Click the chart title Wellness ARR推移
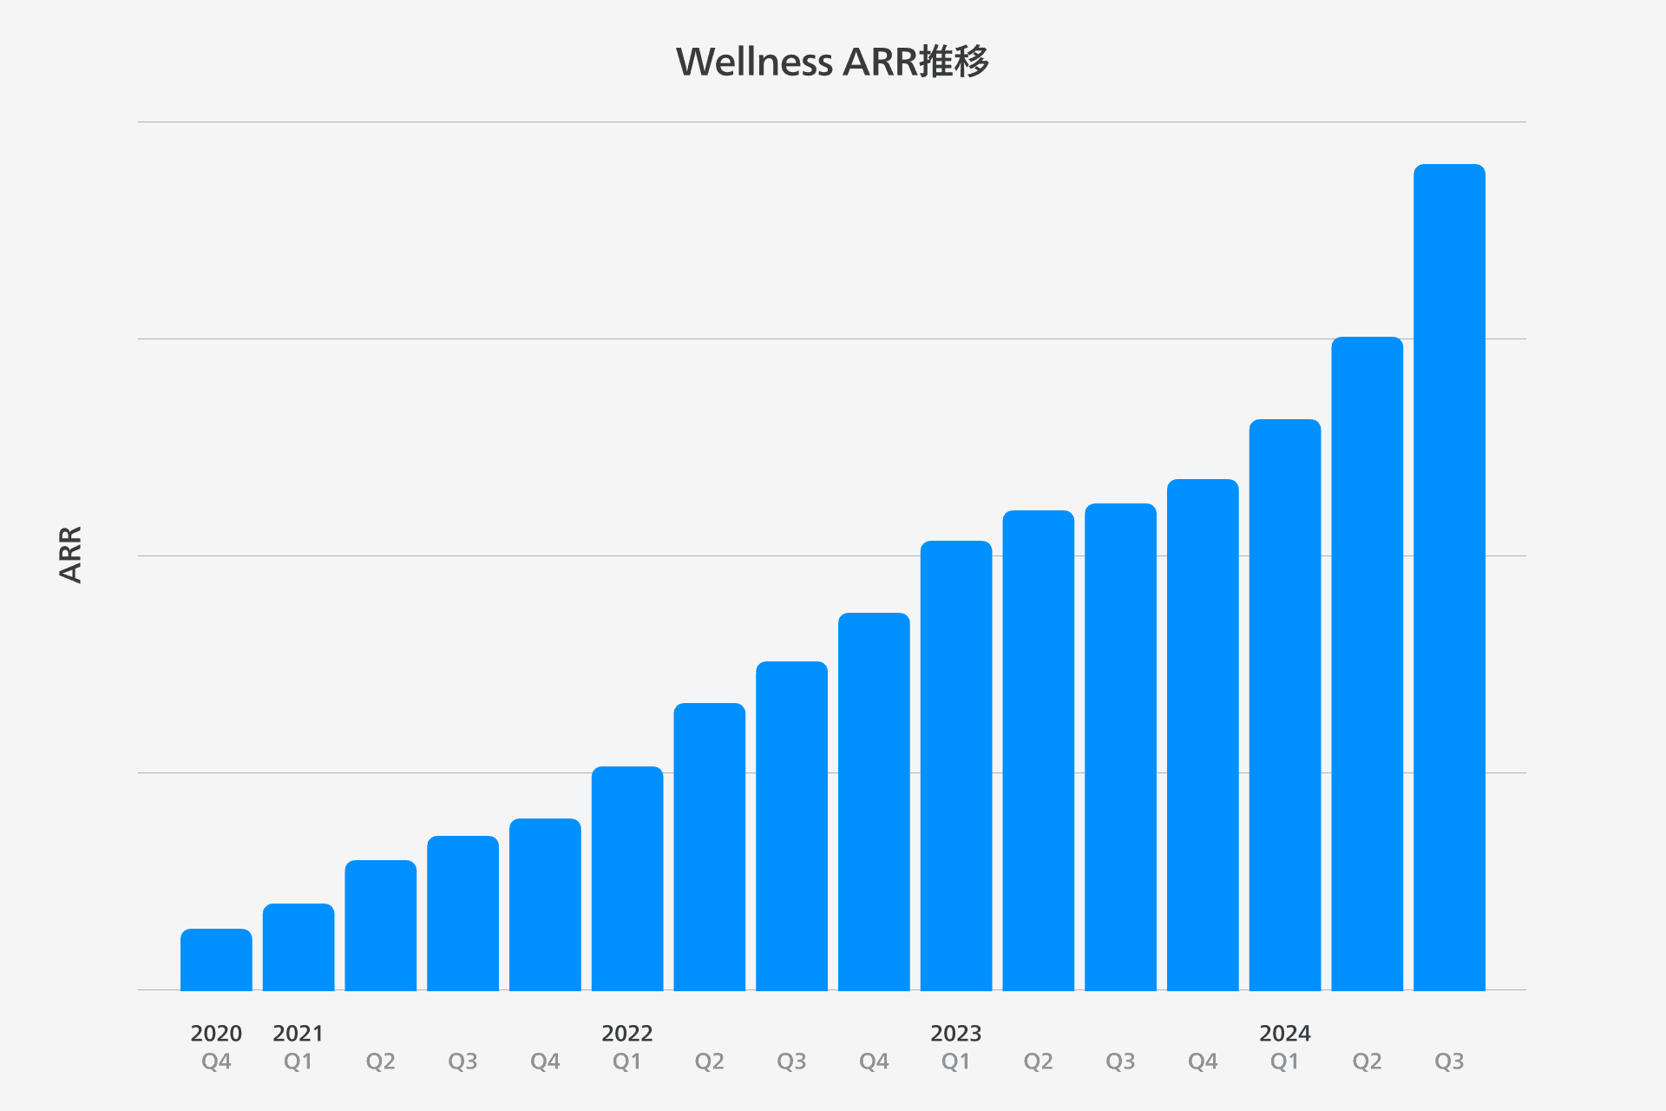832,62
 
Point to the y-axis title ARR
70,555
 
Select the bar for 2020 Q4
216,959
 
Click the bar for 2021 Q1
298,947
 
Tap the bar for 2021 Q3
462,913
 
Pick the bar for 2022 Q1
627,878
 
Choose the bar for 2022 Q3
791,825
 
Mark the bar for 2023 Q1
956,766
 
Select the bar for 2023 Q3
1120,746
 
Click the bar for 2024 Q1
1285,705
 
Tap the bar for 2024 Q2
1367,663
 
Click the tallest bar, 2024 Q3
1449,577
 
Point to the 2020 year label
216,1033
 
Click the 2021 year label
298,1033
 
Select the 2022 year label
626,1033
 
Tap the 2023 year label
955,1033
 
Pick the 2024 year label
1284,1033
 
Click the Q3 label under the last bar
1449,1062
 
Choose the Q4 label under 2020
216,1062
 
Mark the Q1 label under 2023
955,1062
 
